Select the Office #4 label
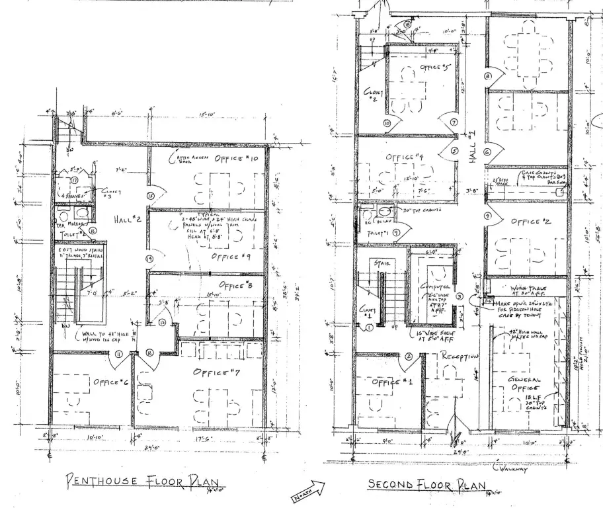pos(404,157)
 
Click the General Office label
pos(527,384)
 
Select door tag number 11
pos(119,355)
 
